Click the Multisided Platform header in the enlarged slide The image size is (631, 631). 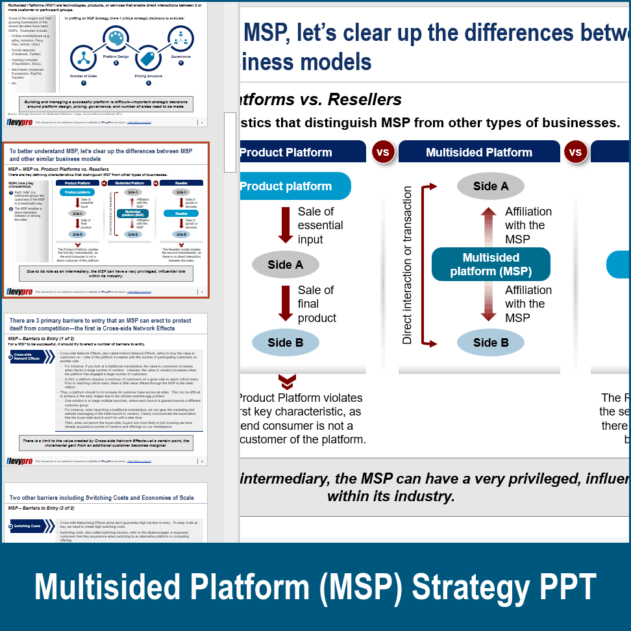pyautogui.click(x=479, y=152)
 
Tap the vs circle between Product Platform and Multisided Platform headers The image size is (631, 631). pyautogui.click(x=383, y=152)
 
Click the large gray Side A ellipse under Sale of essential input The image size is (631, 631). pyautogui.click(x=286, y=265)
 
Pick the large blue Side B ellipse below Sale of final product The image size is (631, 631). pyautogui.click(x=286, y=343)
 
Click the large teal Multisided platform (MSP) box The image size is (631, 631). pyautogui.click(x=491, y=265)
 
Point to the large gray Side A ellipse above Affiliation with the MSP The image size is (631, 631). pyautogui.click(x=491, y=186)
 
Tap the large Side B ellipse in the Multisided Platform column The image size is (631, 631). pyautogui.click(x=491, y=343)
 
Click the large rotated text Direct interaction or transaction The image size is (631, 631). pyautogui.click(x=407, y=265)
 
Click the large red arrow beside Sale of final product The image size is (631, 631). pyautogui.click(x=286, y=303)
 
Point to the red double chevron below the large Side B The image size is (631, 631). pyautogui.click(x=287, y=381)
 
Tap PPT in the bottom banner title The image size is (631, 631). pyautogui.click(x=567, y=588)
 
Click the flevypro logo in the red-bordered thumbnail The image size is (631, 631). pyautogui.click(x=19, y=291)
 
